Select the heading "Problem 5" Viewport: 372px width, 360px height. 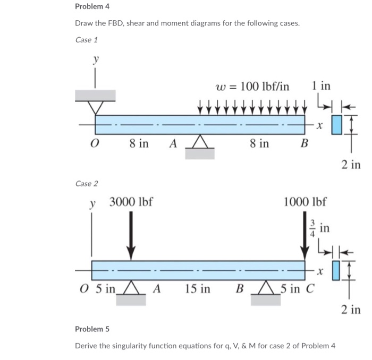click(x=91, y=329)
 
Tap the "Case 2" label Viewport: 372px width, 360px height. click(x=87, y=183)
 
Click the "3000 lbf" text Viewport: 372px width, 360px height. click(x=131, y=202)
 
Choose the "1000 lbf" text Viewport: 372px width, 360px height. click(x=306, y=202)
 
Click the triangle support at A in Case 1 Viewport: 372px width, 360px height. click(x=199, y=142)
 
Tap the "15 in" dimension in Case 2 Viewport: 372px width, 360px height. click(x=198, y=289)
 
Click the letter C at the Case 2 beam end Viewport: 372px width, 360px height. click(x=309, y=289)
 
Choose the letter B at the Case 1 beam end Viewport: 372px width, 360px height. click(x=305, y=144)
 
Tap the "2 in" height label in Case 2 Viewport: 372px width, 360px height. click(x=351, y=309)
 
